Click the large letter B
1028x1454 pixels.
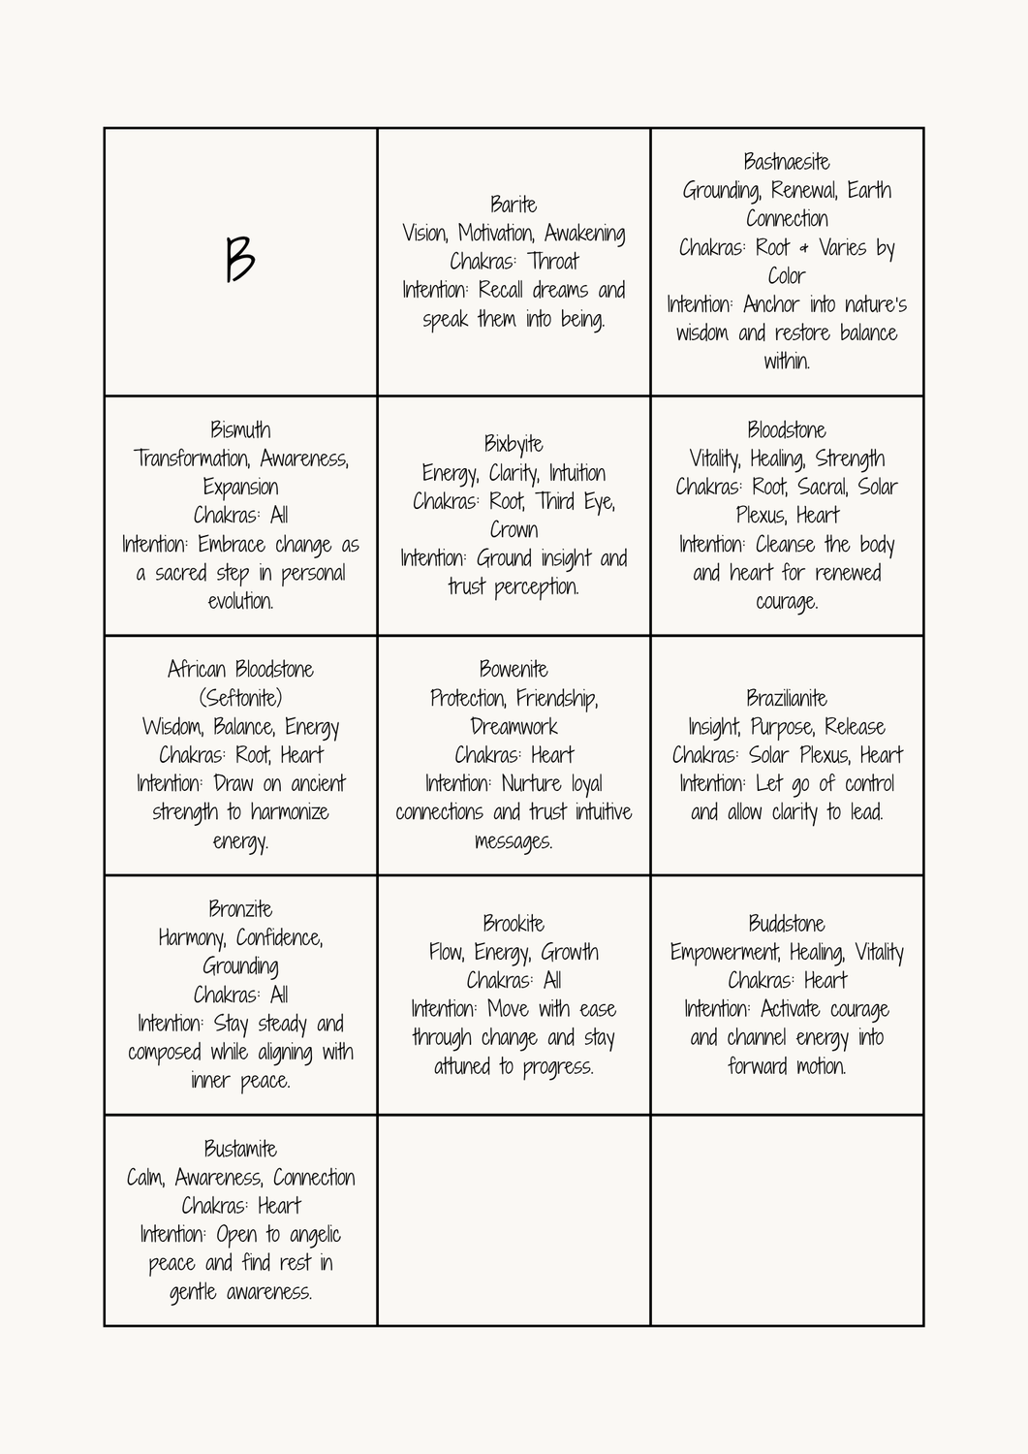coord(240,260)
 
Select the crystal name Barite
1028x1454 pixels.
coord(514,205)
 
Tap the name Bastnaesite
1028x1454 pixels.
coord(787,162)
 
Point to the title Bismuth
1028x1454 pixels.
coord(240,430)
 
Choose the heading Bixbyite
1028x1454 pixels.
coord(514,445)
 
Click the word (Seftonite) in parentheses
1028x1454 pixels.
coord(240,698)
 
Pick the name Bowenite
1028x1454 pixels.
coord(514,670)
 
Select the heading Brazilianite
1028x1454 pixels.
coord(787,698)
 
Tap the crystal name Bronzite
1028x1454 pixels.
coord(240,909)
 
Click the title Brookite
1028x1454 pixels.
coord(514,924)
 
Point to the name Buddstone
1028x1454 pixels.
coord(787,924)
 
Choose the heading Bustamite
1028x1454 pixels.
coord(240,1150)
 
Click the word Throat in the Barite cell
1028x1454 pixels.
coord(553,262)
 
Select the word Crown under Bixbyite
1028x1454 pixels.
coord(514,530)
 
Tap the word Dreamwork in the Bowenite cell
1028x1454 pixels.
coord(514,727)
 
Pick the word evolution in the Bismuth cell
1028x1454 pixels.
coord(240,602)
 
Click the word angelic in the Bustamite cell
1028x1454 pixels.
coord(315,1235)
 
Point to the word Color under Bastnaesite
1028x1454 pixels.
coord(787,276)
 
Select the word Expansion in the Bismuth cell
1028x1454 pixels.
coord(240,488)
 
